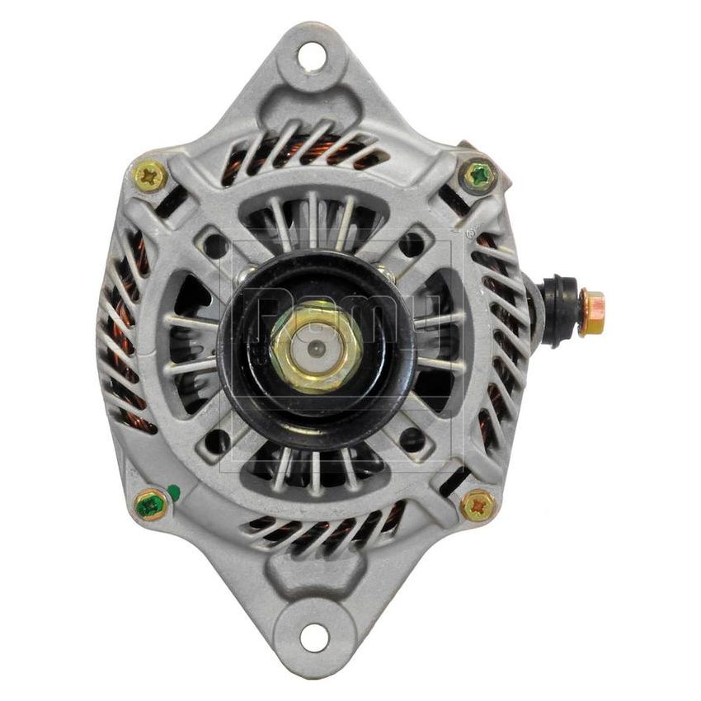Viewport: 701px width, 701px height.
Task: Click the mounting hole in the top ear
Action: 312,57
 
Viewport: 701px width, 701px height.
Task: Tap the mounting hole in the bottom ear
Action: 313,637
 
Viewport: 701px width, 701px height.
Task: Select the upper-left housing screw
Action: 150,175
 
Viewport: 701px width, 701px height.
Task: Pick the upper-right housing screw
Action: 478,175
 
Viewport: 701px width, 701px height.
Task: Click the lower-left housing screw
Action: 150,503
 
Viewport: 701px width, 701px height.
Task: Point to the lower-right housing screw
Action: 478,504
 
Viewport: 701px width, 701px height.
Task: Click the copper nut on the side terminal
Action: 590,312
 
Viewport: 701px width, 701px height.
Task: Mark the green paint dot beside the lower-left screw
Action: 174,493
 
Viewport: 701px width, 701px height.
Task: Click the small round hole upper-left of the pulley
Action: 216,245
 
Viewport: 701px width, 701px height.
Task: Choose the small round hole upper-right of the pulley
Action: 411,244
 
